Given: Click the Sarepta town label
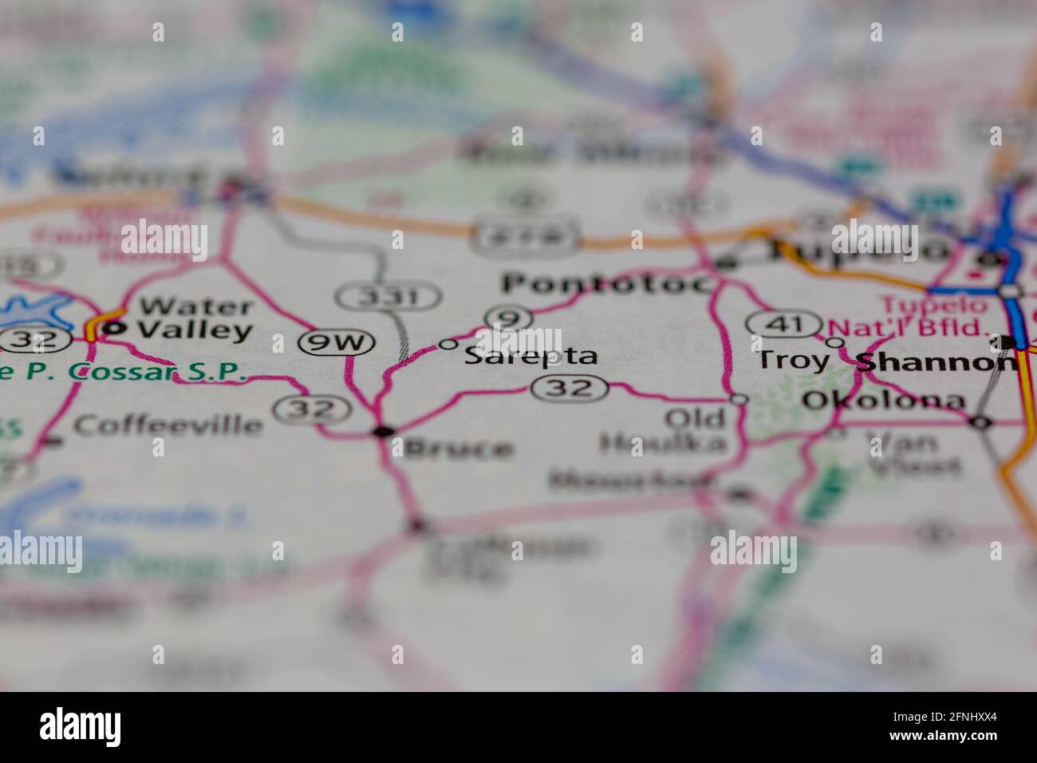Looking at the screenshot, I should tap(530, 356).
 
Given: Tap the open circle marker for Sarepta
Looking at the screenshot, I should tap(448, 345).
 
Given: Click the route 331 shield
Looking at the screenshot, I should tap(388, 298).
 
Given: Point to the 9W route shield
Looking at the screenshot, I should tap(337, 343).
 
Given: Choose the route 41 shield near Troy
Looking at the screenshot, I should tap(784, 324).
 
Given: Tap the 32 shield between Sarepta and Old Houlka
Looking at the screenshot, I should tap(572, 389).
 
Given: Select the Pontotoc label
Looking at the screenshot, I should tap(605, 284).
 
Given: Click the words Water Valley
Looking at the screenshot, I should tap(196, 318).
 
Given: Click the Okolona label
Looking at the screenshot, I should tap(883, 401).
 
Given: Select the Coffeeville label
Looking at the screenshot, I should tap(168, 425).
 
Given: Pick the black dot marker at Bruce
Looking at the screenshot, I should tap(384, 432).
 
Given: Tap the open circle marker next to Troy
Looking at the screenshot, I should tap(835, 342).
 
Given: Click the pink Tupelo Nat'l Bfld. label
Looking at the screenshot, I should tap(909, 316).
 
